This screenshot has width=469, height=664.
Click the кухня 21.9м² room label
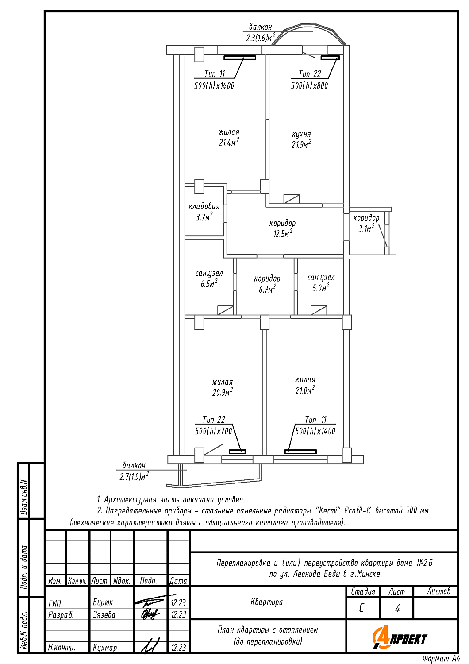pyautogui.click(x=301, y=139)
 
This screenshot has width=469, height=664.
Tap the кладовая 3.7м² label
pyautogui.click(x=204, y=212)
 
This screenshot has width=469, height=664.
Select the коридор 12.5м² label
pyautogui.click(x=282, y=228)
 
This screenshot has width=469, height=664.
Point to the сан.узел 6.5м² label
pyautogui.click(x=209, y=278)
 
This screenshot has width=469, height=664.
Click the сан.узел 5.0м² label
pyautogui.click(x=321, y=283)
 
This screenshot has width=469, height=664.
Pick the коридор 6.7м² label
pyautogui.click(x=267, y=284)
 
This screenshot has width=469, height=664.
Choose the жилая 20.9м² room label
pyautogui.click(x=223, y=387)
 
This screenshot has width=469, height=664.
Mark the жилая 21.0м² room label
pyautogui.click(x=305, y=385)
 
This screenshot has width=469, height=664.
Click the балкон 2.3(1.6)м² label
pyautogui.click(x=261, y=33)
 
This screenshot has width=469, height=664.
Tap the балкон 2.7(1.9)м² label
pyautogui.click(x=134, y=471)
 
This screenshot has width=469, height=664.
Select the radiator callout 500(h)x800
pyautogui.click(x=309, y=86)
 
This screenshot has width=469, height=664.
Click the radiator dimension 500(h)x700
pyautogui.click(x=213, y=431)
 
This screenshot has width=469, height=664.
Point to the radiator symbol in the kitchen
pyautogui.click(x=330, y=58)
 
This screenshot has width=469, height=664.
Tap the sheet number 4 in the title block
pyautogui.click(x=397, y=608)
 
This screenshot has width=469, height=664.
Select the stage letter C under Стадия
pyautogui.click(x=361, y=608)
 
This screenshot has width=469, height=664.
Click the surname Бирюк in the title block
pyautogui.click(x=103, y=602)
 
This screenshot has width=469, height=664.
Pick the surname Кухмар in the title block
pyautogui.click(x=104, y=647)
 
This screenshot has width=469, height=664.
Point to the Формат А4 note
pyautogui.click(x=442, y=659)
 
